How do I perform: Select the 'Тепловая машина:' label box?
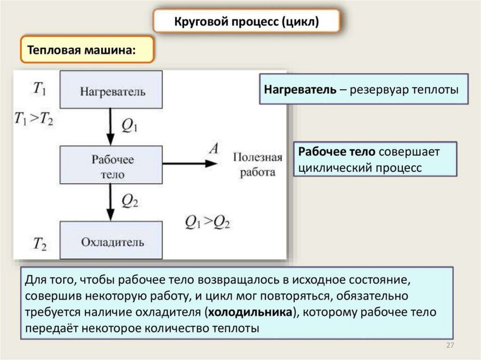87,49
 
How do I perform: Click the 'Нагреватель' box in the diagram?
111,91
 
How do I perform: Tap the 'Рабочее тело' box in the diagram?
111,165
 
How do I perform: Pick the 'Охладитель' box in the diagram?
111,241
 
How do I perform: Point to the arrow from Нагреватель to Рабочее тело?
110,126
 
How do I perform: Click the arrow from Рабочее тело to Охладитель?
110,201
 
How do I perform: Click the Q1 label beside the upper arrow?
130,125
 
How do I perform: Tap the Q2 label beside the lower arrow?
130,200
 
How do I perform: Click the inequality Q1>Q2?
207,222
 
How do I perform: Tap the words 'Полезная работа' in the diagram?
257,165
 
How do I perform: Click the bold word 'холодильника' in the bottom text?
251,313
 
